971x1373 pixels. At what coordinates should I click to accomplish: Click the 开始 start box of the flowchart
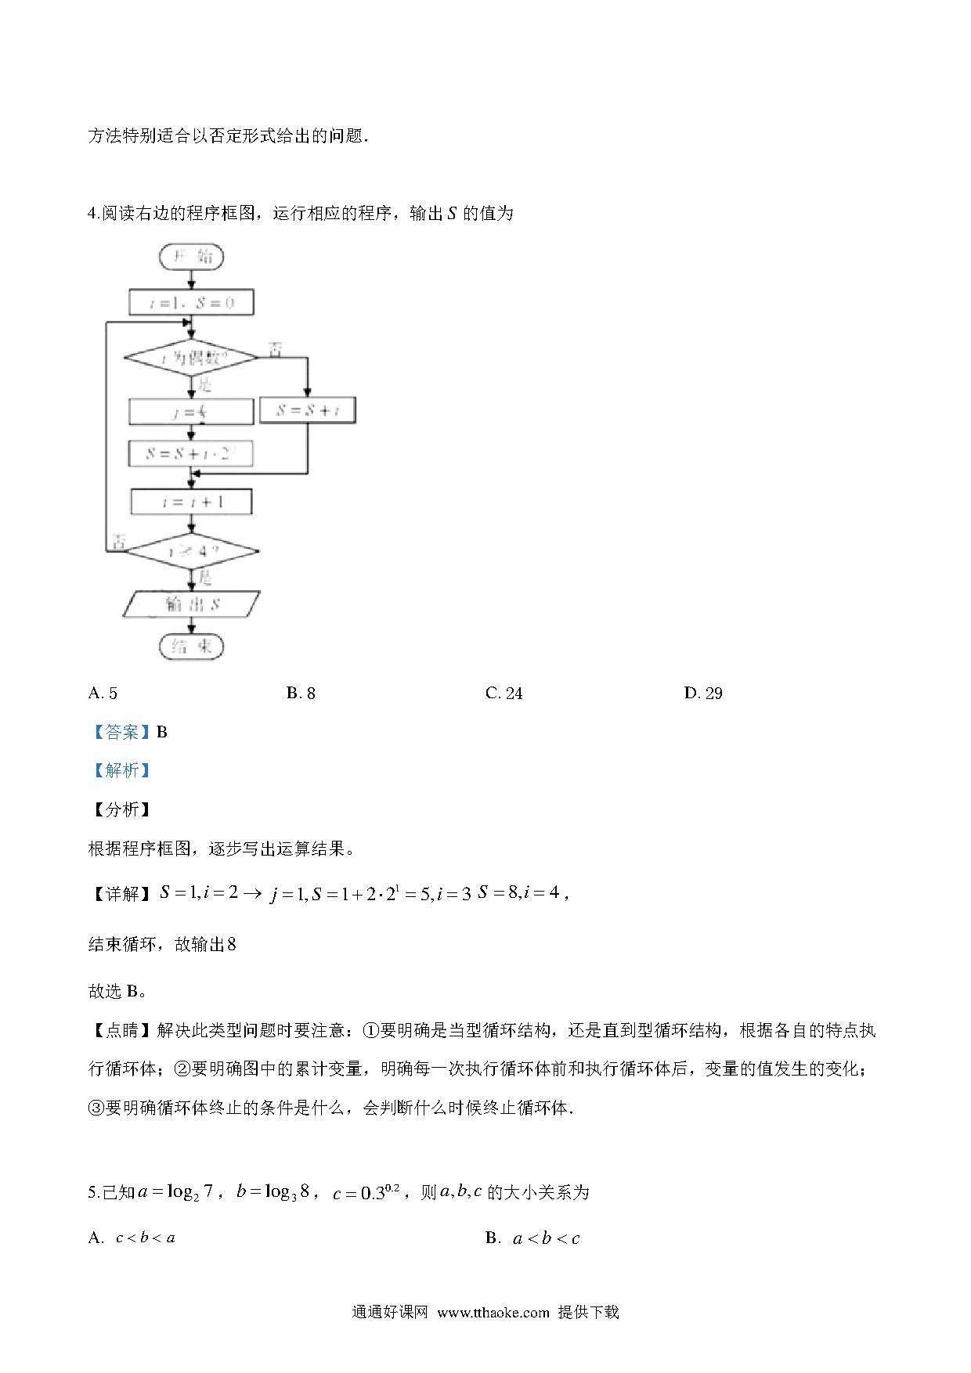191,257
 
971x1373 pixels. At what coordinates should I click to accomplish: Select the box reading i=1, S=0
191,302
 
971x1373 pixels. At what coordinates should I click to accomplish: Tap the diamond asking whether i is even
190,358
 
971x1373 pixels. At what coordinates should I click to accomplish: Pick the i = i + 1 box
192,502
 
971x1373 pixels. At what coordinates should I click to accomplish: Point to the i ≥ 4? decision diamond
192,551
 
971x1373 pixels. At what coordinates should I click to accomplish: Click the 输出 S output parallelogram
192,604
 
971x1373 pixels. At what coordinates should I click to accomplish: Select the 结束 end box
191,647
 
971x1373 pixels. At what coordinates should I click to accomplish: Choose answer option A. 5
103,693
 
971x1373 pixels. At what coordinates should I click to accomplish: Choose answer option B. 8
301,693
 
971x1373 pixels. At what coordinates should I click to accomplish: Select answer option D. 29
702,693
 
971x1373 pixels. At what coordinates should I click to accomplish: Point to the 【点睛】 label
121,1030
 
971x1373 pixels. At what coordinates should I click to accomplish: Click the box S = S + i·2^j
190,453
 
